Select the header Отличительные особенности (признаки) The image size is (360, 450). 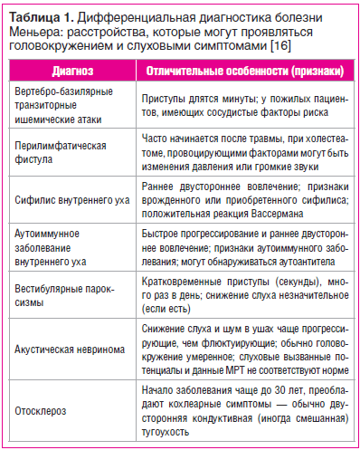pos(243,70)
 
